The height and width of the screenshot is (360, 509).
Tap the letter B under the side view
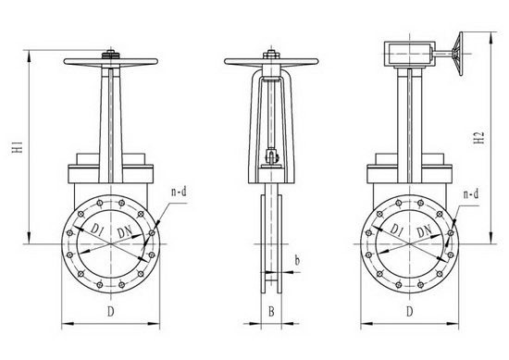[x=271, y=312]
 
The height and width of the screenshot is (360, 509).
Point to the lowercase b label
[x=297, y=260]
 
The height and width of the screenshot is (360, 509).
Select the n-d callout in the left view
[x=179, y=192]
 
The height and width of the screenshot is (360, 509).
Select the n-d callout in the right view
[x=471, y=194]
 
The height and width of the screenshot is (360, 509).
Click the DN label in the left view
[x=125, y=231]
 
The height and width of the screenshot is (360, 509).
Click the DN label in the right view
[x=424, y=230]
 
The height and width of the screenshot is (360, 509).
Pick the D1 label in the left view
[x=97, y=230]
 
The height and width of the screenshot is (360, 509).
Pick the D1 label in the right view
[x=396, y=230]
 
